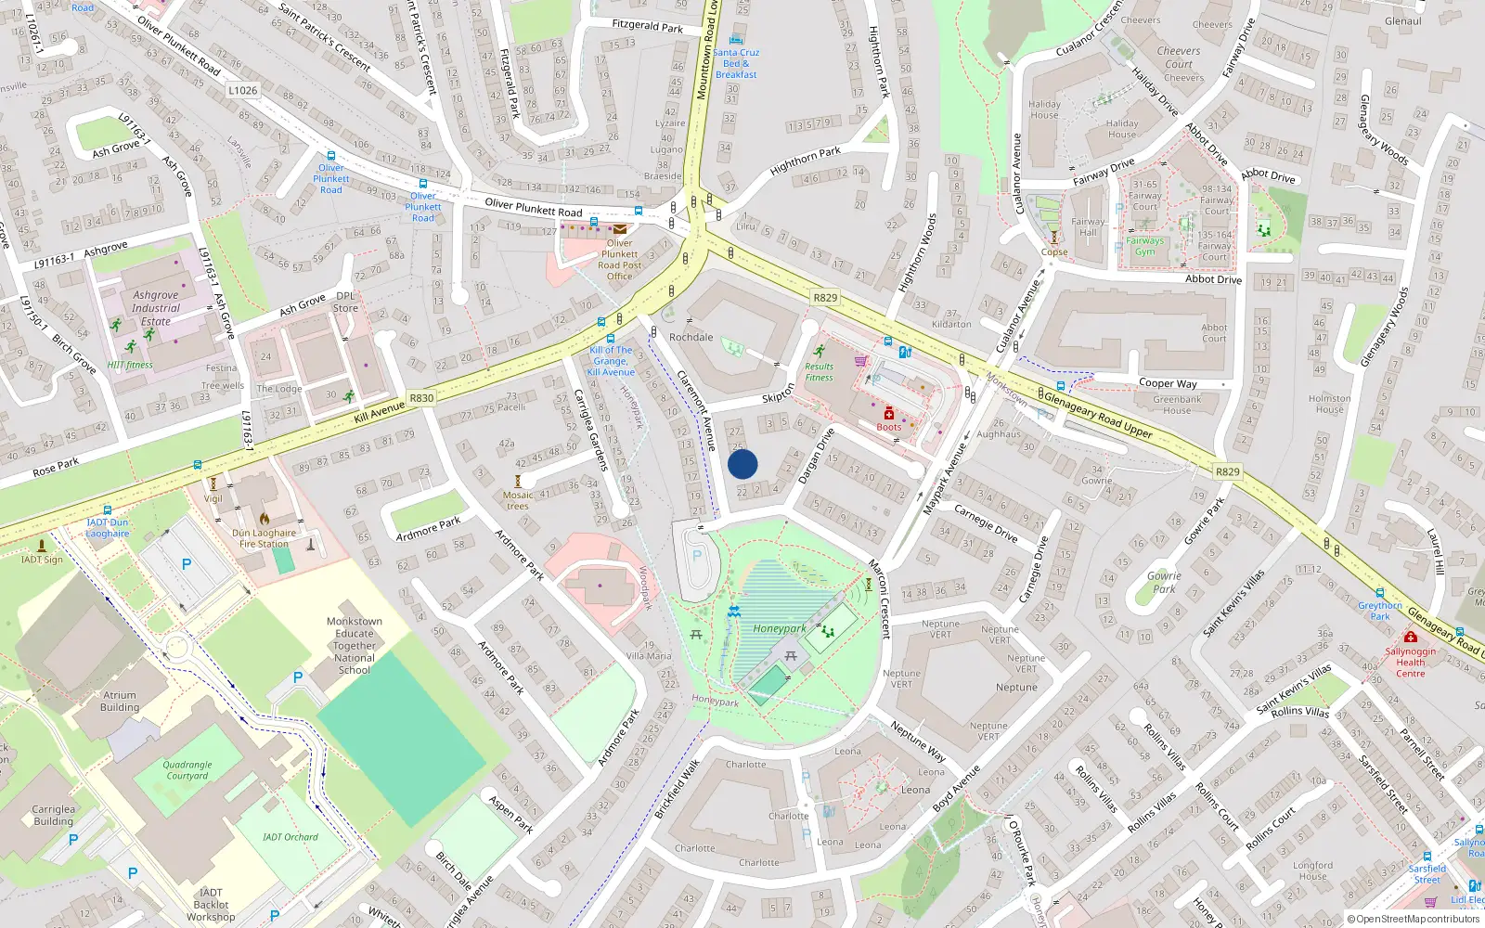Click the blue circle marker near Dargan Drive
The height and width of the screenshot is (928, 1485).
(x=742, y=464)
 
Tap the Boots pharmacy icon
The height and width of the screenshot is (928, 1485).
(x=888, y=413)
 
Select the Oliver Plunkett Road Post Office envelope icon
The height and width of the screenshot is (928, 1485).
(x=619, y=228)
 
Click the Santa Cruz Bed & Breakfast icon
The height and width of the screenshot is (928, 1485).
(x=736, y=40)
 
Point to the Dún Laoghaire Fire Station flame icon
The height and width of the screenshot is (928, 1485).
(x=265, y=520)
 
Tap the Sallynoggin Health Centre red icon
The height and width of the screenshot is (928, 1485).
(x=1411, y=637)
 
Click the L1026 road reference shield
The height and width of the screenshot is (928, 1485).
(x=242, y=90)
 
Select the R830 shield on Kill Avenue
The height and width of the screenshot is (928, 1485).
(x=421, y=397)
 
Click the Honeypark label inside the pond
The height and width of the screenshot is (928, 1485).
(x=780, y=628)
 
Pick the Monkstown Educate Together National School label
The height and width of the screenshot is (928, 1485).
(x=355, y=645)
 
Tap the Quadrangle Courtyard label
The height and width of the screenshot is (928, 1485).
(x=187, y=770)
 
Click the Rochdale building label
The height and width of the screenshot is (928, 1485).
(x=691, y=337)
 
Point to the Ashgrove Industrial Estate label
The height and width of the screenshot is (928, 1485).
(x=155, y=308)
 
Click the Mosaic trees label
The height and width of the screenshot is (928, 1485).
(x=518, y=500)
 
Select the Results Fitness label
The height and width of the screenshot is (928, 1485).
(x=819, y=371)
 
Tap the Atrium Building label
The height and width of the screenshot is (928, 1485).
(x=120, y=701)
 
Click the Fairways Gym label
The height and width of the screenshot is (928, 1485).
(x=1144, y=246)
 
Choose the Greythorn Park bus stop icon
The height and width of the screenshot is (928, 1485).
(x=1380, y=592)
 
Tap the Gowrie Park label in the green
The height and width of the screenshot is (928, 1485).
(x=1164, y=582)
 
